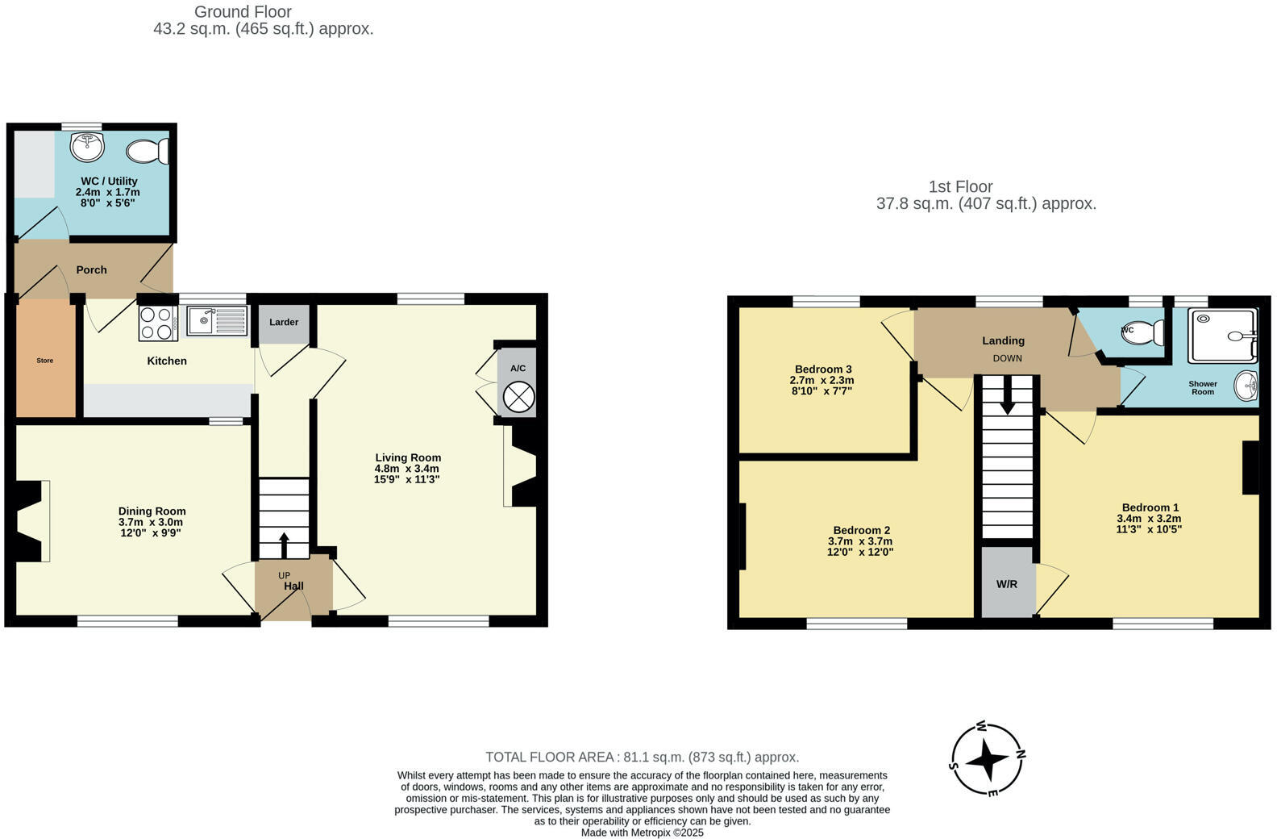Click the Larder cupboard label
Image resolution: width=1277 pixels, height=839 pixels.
[284, 322]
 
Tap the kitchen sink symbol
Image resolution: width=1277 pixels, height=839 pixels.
[216, 321]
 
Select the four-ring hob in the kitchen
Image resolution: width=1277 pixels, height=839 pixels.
[158, 323]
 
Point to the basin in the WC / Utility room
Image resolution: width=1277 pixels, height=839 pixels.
[87, 148]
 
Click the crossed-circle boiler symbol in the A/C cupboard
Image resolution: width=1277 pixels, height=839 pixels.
[518, 397]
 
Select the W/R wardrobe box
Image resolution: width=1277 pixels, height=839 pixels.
[1007, 583]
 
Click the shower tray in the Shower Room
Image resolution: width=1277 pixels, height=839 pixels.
[1224, 335]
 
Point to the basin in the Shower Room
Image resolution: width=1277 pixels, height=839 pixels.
[1247, 386]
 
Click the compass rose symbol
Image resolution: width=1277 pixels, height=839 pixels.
[988, 758]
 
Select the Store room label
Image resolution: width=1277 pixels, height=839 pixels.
[45, 361]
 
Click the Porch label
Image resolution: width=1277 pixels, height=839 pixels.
[92, 269]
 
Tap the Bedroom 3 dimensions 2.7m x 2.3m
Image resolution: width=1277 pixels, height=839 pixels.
[822, 380]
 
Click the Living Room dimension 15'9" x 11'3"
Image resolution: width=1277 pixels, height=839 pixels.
[407, 479]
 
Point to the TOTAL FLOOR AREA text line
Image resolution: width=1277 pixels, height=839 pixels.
[642, 757]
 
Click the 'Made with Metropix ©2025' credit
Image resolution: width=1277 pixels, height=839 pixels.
[642, 833]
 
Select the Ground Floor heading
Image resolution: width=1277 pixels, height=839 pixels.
[243, 11]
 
